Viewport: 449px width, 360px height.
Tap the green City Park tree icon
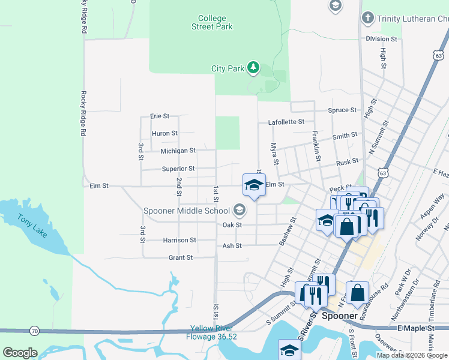tap(253, 68)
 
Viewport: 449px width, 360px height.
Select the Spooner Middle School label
tap(187, 211)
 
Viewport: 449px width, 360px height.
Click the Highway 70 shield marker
tap(35, 331)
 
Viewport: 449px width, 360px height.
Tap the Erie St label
tap(160, 116)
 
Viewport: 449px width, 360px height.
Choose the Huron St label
tap(164, 133)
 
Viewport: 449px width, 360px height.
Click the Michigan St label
tap(178, 151)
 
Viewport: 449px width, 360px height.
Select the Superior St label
tap(178, 169)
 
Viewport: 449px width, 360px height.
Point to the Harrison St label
tap(179, 240)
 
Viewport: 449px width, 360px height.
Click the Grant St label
tap(180, 257)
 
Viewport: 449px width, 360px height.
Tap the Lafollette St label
tap(286, 122)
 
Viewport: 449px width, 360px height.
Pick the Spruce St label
tap(342, 110)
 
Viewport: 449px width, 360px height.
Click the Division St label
tap(381, 39)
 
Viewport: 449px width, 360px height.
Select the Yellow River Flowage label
tap(213, 332)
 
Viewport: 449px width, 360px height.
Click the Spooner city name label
tap(340, 316)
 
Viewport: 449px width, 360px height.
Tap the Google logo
tap(20, 352)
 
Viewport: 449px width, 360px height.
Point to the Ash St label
tap(232, 245)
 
